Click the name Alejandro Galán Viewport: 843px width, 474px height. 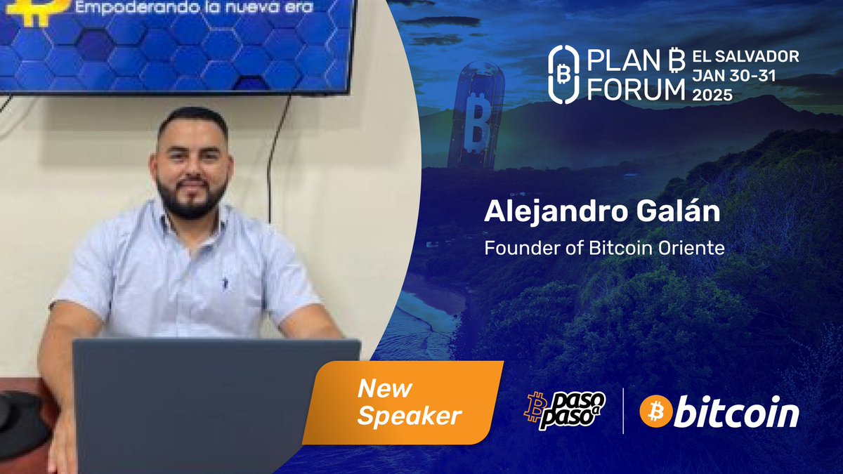click(x=602, y=213)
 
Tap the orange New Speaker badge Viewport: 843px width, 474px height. click(x=407, y=402)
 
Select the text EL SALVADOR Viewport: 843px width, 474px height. click(x=745, y=56)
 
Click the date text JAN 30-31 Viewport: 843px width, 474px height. click(x=734, y=76)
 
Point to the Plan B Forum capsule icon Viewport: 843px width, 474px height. click(x=562, y=74)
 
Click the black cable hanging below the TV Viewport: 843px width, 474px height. click(x=275, y=154)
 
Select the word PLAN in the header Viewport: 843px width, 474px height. click(x=613, y=62)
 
